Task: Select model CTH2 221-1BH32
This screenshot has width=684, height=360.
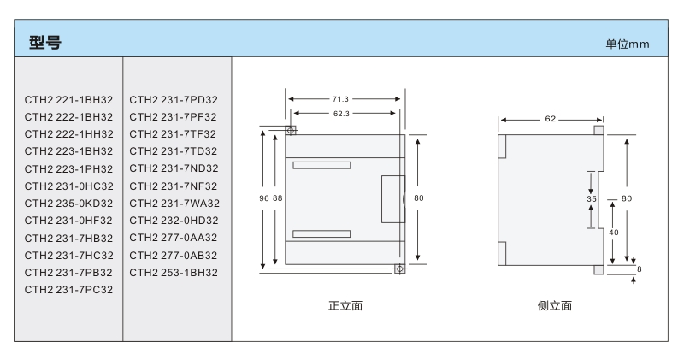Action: click(68, 99)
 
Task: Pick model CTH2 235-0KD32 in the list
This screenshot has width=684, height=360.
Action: click(68, 203)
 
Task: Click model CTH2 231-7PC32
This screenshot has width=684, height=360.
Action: click(68, 290)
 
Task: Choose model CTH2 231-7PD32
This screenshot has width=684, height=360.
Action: click(174, 99)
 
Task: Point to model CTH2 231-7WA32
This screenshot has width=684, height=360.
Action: click(174, 203)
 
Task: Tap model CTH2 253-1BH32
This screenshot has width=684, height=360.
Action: click(174, 272)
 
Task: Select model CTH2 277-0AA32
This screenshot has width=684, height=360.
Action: click(174, 238)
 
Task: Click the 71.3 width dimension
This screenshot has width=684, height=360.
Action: click(339, 99)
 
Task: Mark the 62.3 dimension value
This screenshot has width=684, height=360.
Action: click(339, 112)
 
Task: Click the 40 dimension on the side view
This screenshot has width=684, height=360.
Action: click(614, 232)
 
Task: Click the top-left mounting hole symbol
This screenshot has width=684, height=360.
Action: click(291, 130)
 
